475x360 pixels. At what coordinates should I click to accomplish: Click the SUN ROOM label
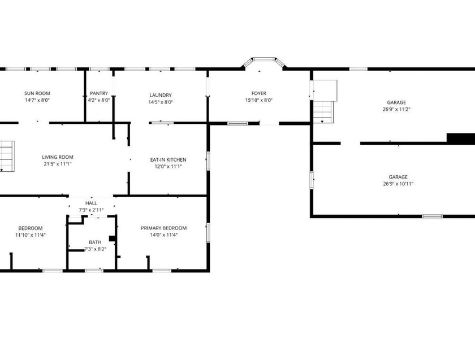tap(37, 93)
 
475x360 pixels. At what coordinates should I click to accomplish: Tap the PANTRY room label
tap(99, 93)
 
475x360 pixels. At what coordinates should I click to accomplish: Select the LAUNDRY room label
tap(161, 95)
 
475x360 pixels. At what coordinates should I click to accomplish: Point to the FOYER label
tap(259, 93)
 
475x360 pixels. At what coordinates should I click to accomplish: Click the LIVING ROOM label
tap(58, 157)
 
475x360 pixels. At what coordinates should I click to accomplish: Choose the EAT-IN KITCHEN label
tap(168, 159)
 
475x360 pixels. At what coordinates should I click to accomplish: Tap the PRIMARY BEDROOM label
tap(163, 228)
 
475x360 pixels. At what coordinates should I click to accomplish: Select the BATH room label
tap(95, 242)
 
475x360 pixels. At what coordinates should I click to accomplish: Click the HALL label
tap(91, 203)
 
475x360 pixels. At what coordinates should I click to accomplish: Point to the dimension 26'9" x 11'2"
tap(396, 109)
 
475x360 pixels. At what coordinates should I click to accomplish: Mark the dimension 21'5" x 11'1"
tap(57, 164)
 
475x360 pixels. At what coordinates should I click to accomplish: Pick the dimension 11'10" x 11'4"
tap(28, 235)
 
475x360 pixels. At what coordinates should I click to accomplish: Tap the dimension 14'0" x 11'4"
tap(163, 235)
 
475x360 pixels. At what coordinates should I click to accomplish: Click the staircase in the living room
tap(5, 155)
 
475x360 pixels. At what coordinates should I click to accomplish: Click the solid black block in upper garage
tap(460, 138)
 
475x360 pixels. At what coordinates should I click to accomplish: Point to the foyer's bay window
tap(263, 59)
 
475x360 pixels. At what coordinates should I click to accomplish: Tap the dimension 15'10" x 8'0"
tap(259, 100)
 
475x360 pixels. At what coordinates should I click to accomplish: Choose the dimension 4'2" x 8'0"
tap(99, 100)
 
